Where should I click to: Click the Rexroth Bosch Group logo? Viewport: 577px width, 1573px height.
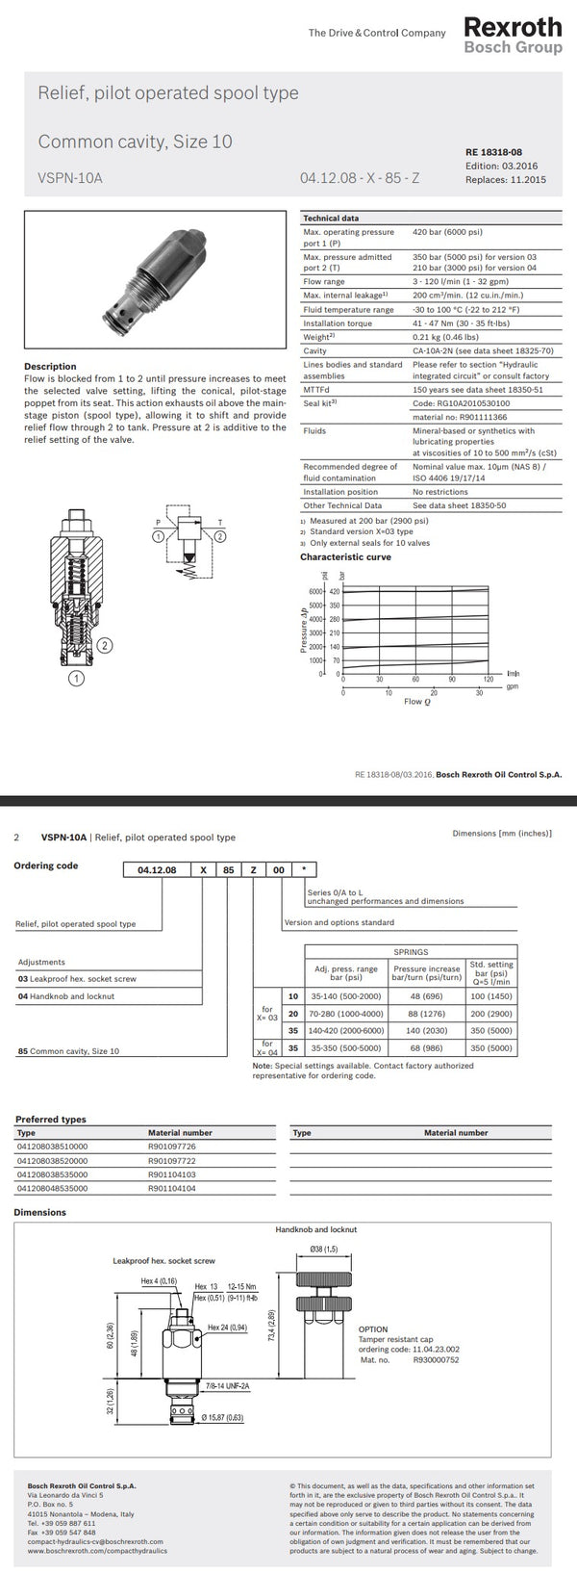(512, 35)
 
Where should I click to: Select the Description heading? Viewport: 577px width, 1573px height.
(50, 367)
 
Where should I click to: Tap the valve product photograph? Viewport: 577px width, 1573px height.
(155, 271)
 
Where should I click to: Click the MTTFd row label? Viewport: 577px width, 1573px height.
(317, 390)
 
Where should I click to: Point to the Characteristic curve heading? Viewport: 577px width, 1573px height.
(345, 556)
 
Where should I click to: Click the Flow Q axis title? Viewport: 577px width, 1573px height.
(416, 702)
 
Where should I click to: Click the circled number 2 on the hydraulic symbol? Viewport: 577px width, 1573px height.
(219, 535)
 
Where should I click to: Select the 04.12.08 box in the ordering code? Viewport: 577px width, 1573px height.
(156, 868)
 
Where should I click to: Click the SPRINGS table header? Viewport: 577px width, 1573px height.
(411, 951)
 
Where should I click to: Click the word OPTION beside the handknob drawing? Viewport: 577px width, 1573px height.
(373, 1329)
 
